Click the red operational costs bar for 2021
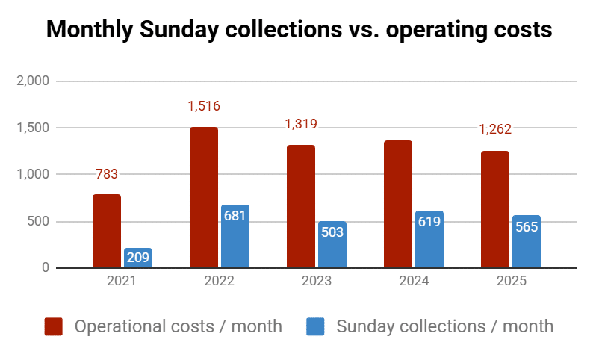tap(107, 231)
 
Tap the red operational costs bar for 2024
tap(398, 204)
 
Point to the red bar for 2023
tap(301, 206)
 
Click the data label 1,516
tap(204, 106)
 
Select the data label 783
tap(107, 174)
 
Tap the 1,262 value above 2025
tap(495, 128)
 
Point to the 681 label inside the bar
tap(235, 216)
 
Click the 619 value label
tap(429, 222)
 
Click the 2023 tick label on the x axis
tap(317, 282)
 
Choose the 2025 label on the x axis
tap(511, 282)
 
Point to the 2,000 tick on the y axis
tap(33, 81)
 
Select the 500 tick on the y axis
tap(39, 222)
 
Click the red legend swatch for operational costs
tap(54, 326)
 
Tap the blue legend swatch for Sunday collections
tap(316, 326)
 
